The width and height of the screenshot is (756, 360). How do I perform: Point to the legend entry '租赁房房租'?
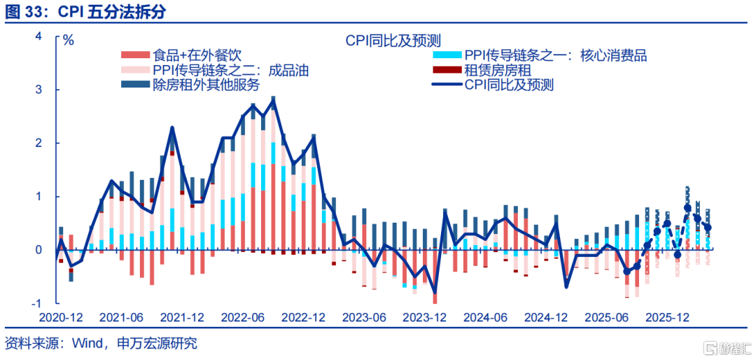click(498, 71)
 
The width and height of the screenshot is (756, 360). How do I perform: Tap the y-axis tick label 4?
click(39, 36)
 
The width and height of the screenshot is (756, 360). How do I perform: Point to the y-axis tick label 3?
click(39, 90)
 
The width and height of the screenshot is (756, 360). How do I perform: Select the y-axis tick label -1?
click(37, 303)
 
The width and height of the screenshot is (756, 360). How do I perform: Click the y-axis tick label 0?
click(39, 250)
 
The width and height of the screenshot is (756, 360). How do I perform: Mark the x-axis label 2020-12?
click(61, 317)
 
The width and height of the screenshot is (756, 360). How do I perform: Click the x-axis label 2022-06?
click(242, 317)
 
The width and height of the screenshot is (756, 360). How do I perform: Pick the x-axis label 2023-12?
click(423, 317)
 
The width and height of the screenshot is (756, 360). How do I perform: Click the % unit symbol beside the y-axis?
click(68, 39)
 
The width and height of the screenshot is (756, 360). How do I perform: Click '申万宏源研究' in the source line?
click(157, 344)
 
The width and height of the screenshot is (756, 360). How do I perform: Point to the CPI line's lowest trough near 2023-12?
click(435, 293)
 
